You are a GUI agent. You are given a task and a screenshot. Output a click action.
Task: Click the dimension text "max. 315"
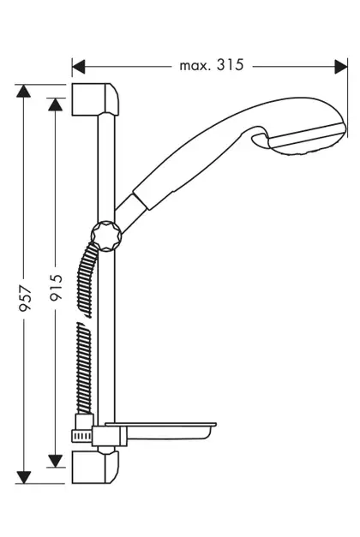[212, 65]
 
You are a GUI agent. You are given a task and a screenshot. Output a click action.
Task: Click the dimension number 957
[26, 298]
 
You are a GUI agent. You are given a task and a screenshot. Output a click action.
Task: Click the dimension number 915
[57, 287]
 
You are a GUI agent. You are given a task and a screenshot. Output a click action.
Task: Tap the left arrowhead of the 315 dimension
[79, 67]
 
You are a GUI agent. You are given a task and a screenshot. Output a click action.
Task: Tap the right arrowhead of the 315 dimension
[341, 67]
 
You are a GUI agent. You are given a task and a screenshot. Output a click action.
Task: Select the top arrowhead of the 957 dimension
[23, 91]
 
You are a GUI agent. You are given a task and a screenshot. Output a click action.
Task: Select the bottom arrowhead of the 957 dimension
[23, 477]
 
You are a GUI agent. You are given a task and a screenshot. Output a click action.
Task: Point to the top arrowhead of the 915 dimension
[55, 104]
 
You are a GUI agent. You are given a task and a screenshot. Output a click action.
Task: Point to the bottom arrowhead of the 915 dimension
[55, 461]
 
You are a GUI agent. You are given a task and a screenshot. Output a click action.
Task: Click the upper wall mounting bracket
[96, 99]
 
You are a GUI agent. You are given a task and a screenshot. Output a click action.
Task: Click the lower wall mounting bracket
[96, 467]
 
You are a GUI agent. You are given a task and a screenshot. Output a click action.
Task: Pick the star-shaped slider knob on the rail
[106, 236]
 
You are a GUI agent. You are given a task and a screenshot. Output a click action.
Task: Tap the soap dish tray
[160, 431]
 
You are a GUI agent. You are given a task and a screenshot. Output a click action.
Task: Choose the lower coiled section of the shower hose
[84, 367]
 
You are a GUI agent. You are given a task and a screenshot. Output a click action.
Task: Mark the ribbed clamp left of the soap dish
[81, 436]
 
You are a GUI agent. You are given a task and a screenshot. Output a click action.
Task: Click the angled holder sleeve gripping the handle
[131, 213]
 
